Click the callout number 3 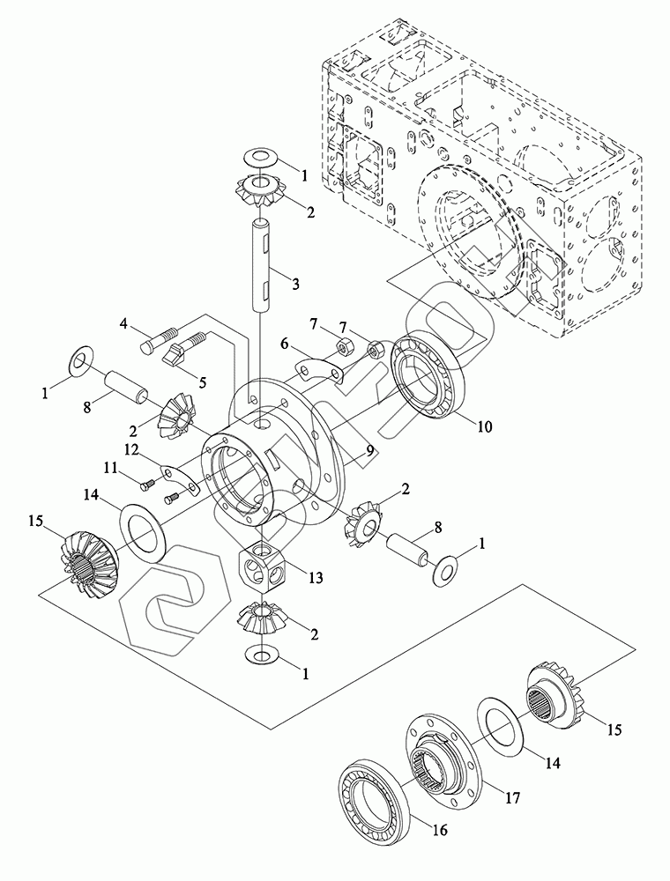tap(293, 284)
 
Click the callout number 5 tap(200, 381)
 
